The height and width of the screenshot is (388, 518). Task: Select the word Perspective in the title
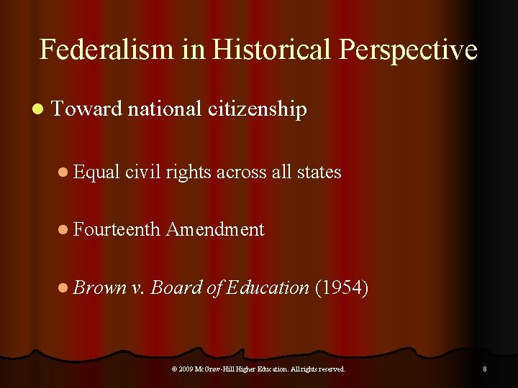[x=408, y=50]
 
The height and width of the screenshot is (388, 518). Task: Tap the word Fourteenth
[x=117, y=230]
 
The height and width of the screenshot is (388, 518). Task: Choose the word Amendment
[x=215, y=230]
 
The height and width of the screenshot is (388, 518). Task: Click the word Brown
[x=100, y=288]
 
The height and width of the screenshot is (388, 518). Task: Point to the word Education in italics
[x=268, y=288]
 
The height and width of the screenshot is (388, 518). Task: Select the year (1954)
[x=342, y=288]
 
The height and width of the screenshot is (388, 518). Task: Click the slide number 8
[x=485, y=369]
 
